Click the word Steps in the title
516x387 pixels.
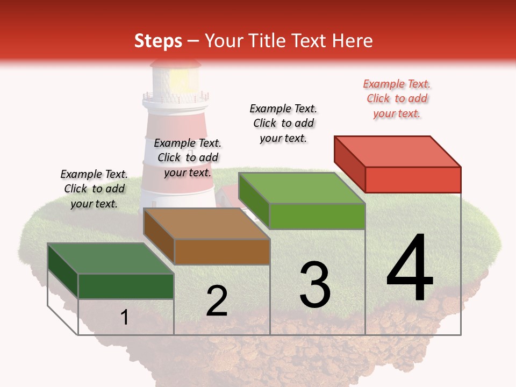(x=158, y=41)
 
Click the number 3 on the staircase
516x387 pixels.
(x=315, y=285)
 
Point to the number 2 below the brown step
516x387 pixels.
(x=217, y=301)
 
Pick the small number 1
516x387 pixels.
(x=125, y=317)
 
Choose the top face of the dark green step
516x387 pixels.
(x=111, y=259)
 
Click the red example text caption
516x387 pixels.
(x=397, y=99)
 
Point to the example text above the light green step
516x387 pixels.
(x=283, y=123)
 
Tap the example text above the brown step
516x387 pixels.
(x=188, y=157)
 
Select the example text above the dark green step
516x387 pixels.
(x=94, y=189)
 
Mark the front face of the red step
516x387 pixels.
(x=413, y=180)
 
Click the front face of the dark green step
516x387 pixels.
(x=126, y=286)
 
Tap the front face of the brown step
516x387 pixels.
(x=222, y=252)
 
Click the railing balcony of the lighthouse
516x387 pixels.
(x=175, y=98)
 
